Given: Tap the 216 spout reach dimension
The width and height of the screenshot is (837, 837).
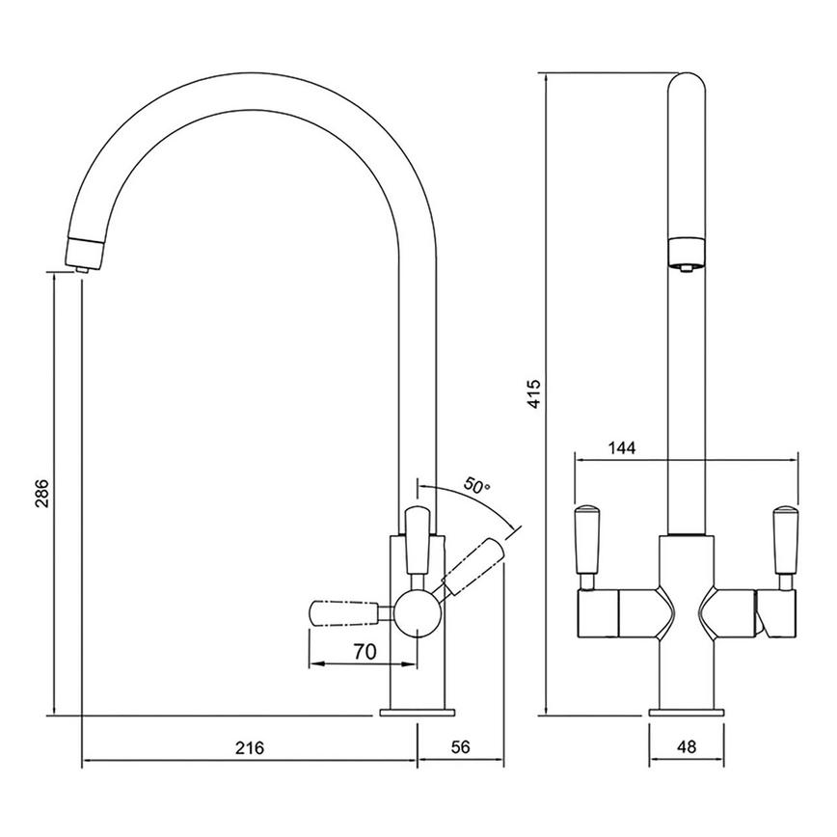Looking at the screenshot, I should (x=250, y=747).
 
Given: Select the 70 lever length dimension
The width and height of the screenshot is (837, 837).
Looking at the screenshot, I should (x=364, y=652).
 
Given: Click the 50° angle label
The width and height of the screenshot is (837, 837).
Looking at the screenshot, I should (x=476, y=487).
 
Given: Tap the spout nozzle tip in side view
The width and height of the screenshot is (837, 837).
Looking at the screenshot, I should (x=83, y=254).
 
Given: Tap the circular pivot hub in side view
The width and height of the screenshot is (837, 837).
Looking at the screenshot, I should (x=418, y=612).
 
